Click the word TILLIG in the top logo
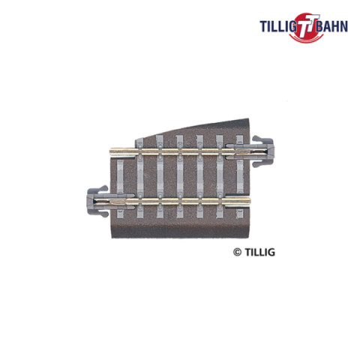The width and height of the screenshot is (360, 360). pyautogui.click(x=277, y=26)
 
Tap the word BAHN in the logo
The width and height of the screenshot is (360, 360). pyautogui.click(x=331, y=26)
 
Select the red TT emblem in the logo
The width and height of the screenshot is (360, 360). pyautogui.click(x=306, y=28)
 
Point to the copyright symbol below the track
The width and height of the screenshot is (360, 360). pyautogui.click(x=237, y=252)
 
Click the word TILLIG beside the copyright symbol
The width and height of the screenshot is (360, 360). pyautogui.click(x=259, y=252)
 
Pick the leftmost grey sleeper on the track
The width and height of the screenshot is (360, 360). pyautogui.click(x=120, y=188)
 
